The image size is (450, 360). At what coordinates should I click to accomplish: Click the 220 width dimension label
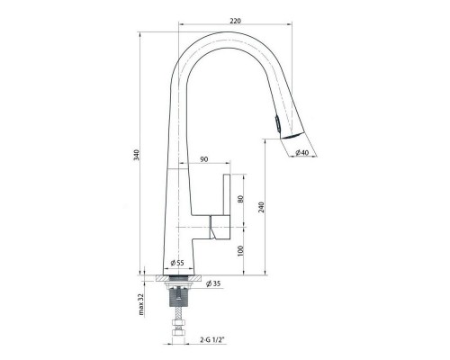(236, 21)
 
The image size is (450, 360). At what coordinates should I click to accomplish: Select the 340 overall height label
(137, 155)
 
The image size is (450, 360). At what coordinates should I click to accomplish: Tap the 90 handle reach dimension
(204, 159)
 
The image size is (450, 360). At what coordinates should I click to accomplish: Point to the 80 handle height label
(240, 199)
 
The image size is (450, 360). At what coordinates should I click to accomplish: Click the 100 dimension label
(240, 251)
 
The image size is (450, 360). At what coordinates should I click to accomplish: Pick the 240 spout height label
(261, 207)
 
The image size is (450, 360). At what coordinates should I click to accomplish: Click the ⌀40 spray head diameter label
(301, 152)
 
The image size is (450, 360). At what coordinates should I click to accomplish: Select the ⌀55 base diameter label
(177, 263)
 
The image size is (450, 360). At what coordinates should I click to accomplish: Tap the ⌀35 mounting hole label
(213, 283)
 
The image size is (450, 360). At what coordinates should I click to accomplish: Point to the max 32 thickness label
(141, 304)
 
